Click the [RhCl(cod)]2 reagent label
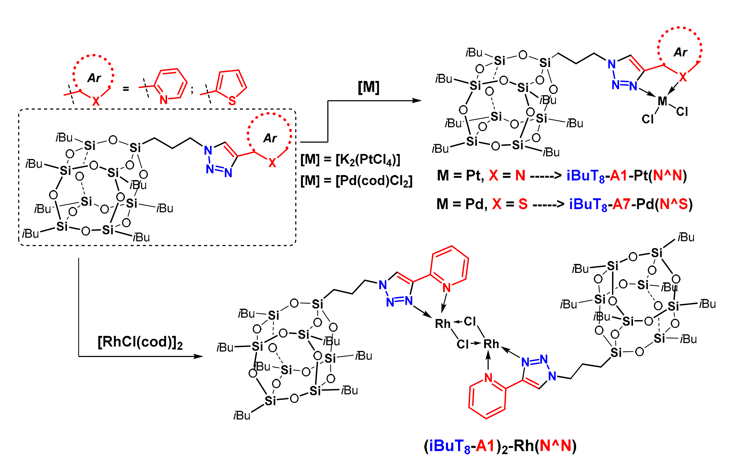coord(140,342)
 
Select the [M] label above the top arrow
coord(368,87)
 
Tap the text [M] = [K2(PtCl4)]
coord(350,160)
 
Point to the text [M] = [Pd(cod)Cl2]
coord(356,181)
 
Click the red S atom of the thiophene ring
coord(232,101)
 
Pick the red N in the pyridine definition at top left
coord(164,100)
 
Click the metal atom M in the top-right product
coord(662,101)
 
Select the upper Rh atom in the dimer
coord(442,324)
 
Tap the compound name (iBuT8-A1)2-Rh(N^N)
coord(500,446)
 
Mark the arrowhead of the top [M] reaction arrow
coord(418,101)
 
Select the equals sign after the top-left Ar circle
coord(126,89)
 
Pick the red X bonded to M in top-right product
coord(683,78)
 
